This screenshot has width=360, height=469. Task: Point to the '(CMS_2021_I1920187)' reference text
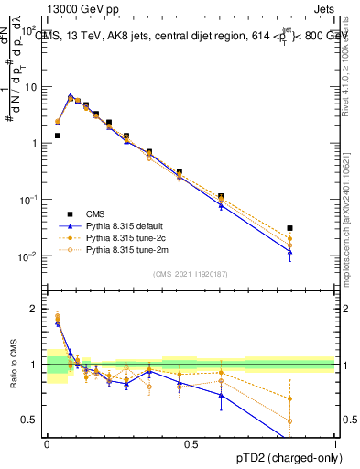click(x=190, y=274)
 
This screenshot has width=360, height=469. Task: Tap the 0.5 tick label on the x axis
click(x=191, y=443)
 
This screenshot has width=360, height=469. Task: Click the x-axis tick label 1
click(x=335, y=443)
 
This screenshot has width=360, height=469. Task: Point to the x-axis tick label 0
click(x=47, y=443)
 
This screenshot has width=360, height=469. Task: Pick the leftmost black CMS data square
click(x=57, y=136)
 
